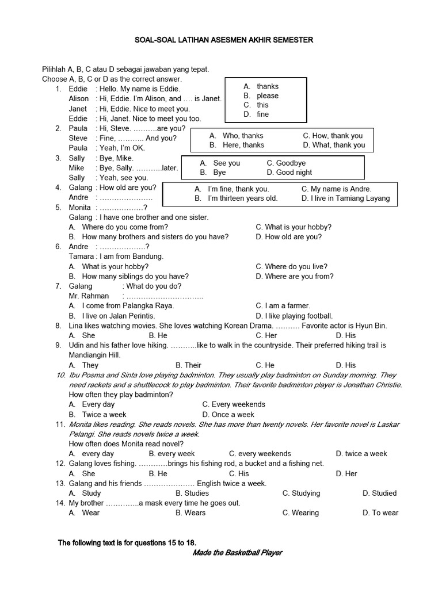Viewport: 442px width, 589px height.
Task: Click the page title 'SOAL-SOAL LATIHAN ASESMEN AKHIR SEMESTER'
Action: point(224,40)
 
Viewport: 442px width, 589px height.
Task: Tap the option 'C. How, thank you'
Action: point(333,136)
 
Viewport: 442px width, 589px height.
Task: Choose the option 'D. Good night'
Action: point(289,172)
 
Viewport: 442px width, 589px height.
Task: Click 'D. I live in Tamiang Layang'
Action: point(345,198)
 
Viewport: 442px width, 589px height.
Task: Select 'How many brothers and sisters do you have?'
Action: point(155,236)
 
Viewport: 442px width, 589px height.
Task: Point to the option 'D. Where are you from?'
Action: point(295,276)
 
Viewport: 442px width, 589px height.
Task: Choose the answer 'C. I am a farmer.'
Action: point(283,305)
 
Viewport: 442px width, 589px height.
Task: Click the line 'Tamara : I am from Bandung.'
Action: point(116,256)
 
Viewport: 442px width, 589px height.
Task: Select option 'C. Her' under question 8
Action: point(266,335)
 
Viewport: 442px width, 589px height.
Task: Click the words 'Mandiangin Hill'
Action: point(94,355)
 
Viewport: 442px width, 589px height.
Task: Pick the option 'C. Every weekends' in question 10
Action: point(234,404)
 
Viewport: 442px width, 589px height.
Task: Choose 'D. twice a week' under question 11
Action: point(361,453)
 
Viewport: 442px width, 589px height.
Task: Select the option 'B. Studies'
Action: point(192,493)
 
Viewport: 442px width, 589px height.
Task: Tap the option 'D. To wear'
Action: point(380,512)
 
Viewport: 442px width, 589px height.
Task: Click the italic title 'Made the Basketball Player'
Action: point(237,553)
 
